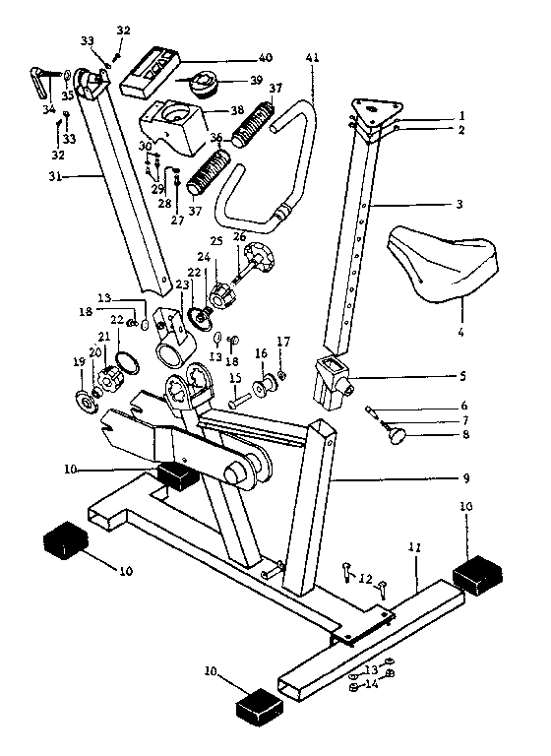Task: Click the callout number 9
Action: click(465, 478)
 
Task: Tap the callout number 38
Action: click(237, 110)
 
